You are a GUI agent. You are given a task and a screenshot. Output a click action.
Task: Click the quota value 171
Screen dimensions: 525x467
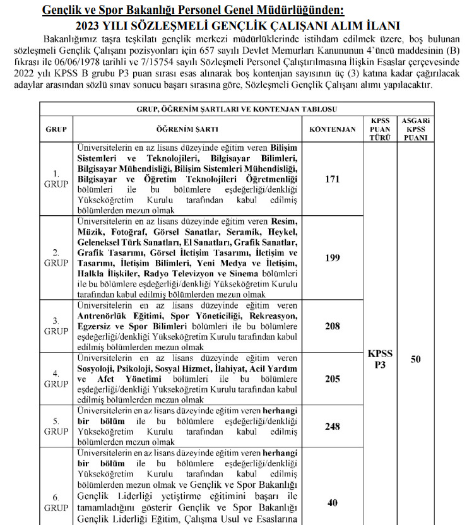click(332, 179)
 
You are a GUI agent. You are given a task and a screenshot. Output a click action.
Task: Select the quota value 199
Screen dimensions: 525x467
click(332, 258)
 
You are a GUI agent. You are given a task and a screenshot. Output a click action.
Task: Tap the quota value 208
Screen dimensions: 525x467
click(332, 326)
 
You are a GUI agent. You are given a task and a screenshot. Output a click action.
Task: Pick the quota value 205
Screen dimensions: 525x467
click(332, 379)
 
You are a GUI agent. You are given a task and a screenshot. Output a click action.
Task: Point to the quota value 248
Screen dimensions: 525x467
click(332, 426)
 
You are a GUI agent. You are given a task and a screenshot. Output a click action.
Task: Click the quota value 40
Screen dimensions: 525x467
click(332, 503)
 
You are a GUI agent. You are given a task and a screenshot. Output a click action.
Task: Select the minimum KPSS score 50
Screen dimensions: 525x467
click(415, 359)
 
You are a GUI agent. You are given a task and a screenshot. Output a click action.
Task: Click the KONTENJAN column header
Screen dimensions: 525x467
click(332, 129)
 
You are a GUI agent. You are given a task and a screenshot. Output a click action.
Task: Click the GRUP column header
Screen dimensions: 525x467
click(56, 129)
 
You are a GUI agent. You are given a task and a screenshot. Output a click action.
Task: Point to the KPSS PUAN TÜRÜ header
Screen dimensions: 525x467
click(380, 129)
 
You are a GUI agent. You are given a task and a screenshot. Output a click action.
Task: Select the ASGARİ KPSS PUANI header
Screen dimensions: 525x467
click(415, 129)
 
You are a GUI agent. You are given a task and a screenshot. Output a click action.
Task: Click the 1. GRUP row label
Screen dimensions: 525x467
click(56, 179)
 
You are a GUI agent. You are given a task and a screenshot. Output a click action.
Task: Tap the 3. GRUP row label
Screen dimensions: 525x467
click(56, 326)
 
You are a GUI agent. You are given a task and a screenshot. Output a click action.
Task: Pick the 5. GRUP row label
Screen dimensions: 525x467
click(56, 425)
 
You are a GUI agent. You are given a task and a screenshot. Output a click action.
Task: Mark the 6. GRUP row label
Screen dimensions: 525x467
click(56, 502)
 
